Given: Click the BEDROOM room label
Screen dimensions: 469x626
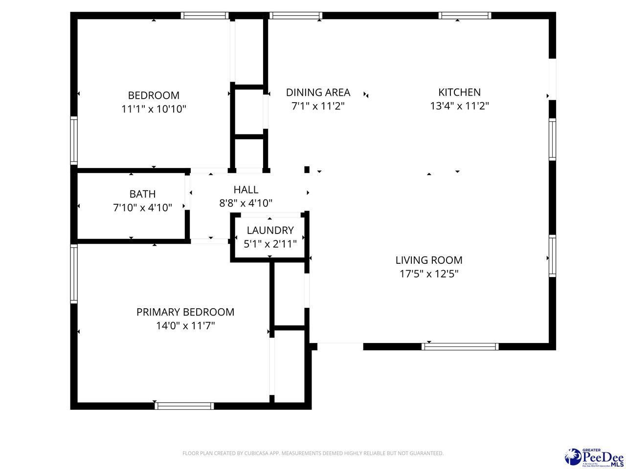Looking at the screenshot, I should click(154, 95).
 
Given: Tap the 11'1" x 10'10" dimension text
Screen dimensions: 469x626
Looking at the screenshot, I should click(154, 109).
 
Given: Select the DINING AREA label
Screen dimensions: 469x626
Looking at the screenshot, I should click(318, 92).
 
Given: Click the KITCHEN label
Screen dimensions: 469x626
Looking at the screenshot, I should click(459, 92).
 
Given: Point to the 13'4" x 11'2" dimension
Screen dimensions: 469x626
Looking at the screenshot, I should click(459, 106).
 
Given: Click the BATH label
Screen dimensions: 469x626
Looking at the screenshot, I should click(142, 194).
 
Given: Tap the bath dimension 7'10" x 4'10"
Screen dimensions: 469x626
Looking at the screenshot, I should click(142, 208).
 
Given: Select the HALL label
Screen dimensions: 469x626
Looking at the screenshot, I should click(246, 190).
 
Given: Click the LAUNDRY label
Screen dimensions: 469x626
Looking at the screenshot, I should click(270, 230).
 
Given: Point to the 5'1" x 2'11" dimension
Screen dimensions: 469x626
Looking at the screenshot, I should click(270, 244).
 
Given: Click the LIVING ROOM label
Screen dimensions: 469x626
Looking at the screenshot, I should click(429, 260).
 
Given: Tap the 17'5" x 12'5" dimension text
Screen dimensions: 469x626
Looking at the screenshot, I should click(429, 274).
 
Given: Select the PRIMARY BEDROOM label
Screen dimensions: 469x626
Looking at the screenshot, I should click(185, 312).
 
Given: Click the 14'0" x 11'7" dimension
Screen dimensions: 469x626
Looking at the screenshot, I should click(185, 325).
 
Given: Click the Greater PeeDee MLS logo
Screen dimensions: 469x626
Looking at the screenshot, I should click(594, 457).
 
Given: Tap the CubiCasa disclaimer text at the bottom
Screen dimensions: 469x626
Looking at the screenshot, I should click(313, 453).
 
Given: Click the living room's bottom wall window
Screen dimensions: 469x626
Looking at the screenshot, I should click(460, 346).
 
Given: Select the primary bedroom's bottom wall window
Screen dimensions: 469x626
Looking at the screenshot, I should click(184, 405).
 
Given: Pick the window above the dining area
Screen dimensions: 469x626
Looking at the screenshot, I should click(296, 16).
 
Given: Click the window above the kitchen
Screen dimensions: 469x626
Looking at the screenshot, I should click(465, 16).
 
